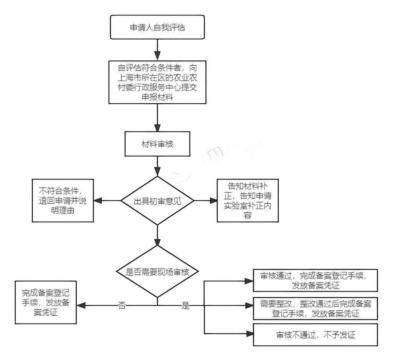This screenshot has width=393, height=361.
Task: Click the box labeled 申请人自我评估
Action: click(157, 28)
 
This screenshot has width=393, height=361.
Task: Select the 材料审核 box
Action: click(157, 144)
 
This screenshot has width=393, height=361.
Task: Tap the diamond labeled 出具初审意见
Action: click(157, 201)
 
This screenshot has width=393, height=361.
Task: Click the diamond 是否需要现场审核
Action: click(157, 272)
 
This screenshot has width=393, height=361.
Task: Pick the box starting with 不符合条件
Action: click(63, 201)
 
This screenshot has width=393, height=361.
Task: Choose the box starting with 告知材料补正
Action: click(248, 201)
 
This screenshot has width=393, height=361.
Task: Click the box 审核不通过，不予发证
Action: click(315, 335)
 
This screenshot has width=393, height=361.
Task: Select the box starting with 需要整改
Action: click(315, 308)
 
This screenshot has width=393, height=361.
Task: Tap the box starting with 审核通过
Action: click(315, 280)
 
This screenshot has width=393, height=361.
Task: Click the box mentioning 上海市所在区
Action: click(157, 82)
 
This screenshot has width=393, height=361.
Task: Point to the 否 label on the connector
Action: click(122, 306)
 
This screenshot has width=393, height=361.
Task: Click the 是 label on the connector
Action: click(186, 306)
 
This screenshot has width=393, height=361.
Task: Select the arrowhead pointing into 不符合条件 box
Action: click(97, 201)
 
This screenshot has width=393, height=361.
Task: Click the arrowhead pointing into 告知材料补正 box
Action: click(213, 201)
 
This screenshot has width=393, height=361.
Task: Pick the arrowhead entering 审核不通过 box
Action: click(249, 333)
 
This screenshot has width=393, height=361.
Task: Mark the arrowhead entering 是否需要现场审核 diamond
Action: click(157, 241)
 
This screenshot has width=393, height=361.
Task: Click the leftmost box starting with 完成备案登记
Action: click(46, 302)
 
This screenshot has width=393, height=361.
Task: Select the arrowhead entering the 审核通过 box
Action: click(249, 280)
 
